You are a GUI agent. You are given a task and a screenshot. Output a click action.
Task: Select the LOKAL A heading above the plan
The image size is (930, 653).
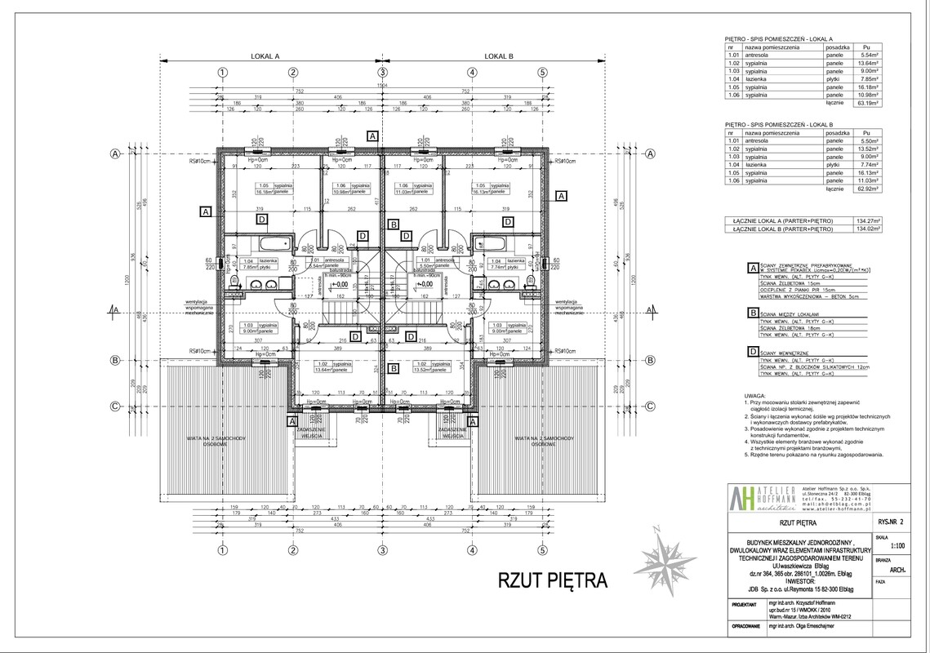pos(265,57)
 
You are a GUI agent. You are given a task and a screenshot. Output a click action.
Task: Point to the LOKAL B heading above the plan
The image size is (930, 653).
pos(498,57)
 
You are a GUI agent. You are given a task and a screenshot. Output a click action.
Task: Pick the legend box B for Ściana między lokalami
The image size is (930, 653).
pos(752,312)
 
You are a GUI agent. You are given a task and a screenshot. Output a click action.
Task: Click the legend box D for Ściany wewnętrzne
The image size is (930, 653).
pos(752,352)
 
